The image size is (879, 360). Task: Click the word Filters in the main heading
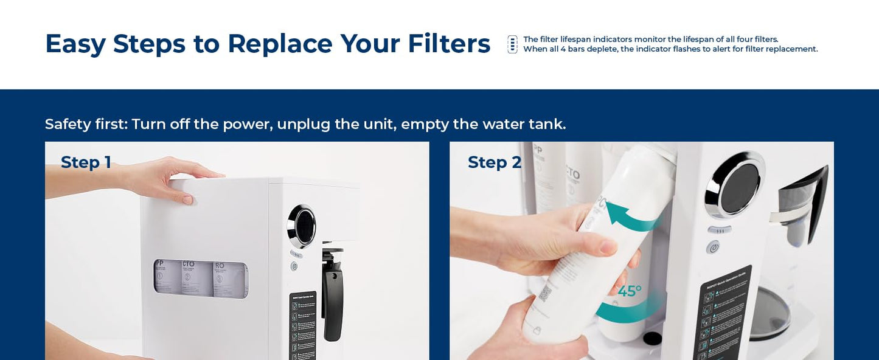448,44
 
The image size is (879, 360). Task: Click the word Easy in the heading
75,44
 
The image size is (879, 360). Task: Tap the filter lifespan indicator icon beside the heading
513,44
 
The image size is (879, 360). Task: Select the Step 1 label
86,162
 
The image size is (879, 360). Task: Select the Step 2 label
495,162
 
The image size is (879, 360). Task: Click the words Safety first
86,124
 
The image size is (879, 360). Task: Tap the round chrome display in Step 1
302,226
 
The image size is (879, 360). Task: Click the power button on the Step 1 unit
294,266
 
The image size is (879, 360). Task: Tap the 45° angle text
629,292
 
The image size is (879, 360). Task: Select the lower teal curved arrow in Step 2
630,310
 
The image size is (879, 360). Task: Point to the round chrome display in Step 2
735,183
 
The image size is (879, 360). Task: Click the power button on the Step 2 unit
713,247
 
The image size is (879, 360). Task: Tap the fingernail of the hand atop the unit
187,199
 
